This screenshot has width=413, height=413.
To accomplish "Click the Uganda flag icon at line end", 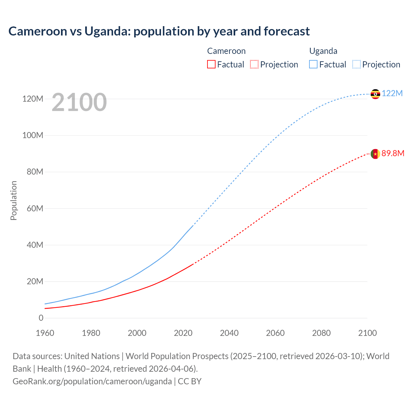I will click(x=375, y=94).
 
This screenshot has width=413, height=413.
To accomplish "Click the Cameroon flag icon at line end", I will click(x=375, y=154).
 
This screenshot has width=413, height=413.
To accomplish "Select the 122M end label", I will click(x=392, y=93).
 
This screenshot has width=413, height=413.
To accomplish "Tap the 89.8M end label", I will click(x=393, y=153).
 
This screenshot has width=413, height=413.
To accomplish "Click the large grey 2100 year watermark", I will click(x=79, y=102).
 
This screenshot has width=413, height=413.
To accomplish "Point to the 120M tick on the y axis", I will click(x=33, y=99).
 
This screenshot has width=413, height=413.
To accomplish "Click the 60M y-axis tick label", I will click(x=35, y=208).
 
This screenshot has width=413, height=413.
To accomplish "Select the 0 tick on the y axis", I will click(x=41, y=318).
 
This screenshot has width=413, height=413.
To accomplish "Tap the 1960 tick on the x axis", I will click(x=45, y=333).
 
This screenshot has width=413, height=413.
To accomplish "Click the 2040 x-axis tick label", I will click(x=229, y=333).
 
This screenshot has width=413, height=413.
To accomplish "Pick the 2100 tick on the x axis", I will click(x=367, y=333).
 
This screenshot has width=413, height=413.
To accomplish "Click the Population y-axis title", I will click(x=14, y=200).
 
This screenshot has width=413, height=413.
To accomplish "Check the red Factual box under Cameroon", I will click(x=211, y=64).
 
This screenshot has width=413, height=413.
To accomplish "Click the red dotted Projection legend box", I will click(x=254, y=64).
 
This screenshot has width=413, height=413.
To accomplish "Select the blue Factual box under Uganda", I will click(x=313, y=64).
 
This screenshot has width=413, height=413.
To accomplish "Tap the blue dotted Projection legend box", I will click(x=356, y=64).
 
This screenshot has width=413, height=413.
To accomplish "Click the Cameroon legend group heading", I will click(x=226, y=51).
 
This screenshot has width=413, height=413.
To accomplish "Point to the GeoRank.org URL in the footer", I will click(x=92, y=381).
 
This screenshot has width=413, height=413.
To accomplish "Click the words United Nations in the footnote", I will click(x=92, y=356).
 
